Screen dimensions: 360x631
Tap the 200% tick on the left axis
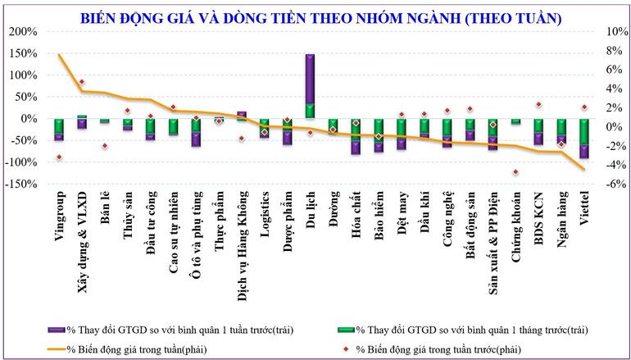point(23,32)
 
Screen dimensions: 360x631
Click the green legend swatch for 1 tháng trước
point(347,330)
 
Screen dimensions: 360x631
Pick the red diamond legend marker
point(347,349)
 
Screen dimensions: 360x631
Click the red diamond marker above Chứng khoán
point(515,172)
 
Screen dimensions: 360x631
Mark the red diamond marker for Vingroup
point(59,157)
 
